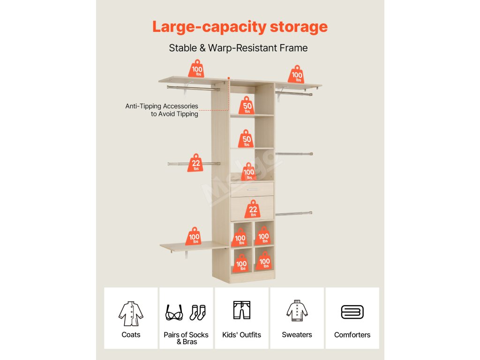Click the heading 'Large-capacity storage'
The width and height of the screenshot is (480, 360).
point(240,27)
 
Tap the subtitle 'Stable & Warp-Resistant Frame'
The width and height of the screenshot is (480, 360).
point(238,48)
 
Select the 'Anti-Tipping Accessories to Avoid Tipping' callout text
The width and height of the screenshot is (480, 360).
point(162,110)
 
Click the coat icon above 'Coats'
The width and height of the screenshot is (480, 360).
point(131,313)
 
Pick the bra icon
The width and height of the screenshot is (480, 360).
point(174,313)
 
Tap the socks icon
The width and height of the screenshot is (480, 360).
point(197,312)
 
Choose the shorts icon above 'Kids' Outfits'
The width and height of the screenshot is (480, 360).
point(242,310)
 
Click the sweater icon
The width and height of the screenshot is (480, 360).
point(297,311)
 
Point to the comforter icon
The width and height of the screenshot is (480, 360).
point(352,312)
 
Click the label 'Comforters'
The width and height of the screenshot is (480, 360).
point(352,335)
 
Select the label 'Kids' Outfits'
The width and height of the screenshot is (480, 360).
point(241,335)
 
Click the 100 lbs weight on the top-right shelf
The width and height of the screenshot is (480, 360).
point(296,75)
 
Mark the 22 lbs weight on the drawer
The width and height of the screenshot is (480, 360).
point(253,209)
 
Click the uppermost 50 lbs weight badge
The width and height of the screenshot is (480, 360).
point(247,106)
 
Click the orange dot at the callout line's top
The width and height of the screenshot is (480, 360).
point(228,78)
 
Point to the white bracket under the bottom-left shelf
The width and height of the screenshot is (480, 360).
point(187,255)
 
